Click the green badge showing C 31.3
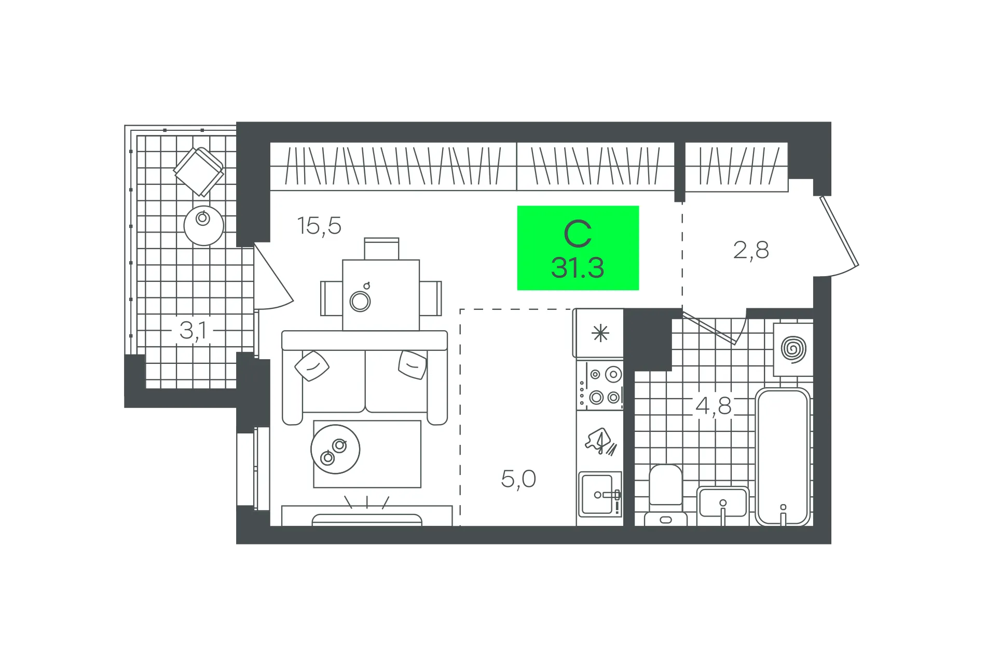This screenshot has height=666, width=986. pos(578,248)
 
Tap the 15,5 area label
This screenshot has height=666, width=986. pos(319,226)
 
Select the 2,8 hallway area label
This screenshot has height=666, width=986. pos(751,250)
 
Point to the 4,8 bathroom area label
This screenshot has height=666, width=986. pos(714,406)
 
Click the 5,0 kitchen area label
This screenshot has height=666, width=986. pos(518,479)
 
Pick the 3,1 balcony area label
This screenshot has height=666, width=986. pos(193,331)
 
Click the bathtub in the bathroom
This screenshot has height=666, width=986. pos(783,457)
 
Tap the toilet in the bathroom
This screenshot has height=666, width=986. pos(665,495)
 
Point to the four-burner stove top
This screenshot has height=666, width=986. pos(600,385)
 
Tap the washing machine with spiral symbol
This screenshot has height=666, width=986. pos(793,349)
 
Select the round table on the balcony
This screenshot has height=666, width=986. pos(204,226)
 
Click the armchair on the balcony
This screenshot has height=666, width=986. pos(198,171)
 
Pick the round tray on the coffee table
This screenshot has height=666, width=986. pos(335,449)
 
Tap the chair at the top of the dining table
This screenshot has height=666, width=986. pos(381,249)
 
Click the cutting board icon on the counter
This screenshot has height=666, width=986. pos(600,442)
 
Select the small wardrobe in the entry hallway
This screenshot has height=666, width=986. pos(736,167)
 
